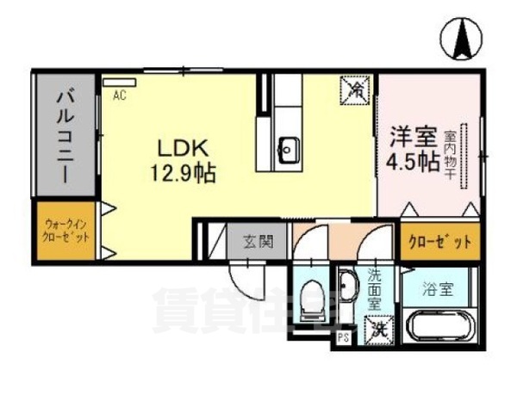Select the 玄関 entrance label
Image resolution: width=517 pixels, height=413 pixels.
tap(257, 242)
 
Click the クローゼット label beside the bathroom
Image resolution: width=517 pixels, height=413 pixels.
tap(439, 242)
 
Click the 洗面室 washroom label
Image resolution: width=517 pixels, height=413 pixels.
tap(374, 289)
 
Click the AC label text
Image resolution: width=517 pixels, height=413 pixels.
tap(120, 96)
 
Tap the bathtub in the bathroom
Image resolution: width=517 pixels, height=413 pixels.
tap(440, 325)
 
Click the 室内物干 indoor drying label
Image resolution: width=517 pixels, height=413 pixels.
tap(450, 155)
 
